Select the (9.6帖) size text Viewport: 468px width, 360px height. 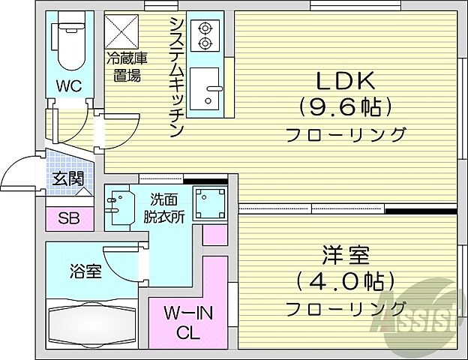coord(346,107)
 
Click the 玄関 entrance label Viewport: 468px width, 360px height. coord(68,178)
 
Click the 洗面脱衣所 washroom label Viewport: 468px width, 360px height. coord(165,207)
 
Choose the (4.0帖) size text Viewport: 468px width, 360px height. coord(346,282)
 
